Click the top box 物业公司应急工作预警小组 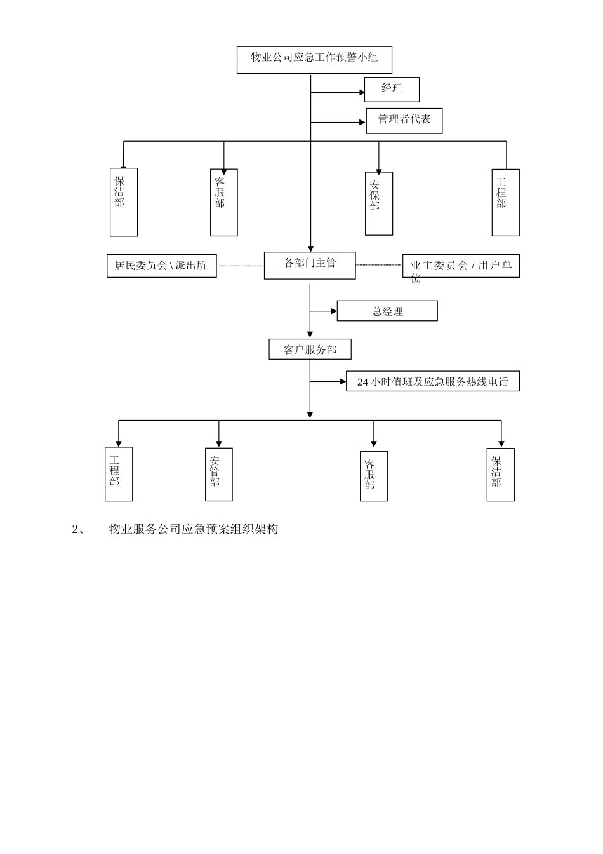click(x=314, y=60)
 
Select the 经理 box click(x=392, y=89)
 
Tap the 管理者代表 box click(x=404, y=120)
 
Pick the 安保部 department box click(x=379, y=203)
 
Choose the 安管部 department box click(x=219, y=474)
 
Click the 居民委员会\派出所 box click(x=161, y=266)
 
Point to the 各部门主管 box click(x=310, y=265)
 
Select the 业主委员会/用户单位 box click(x=461, y=266)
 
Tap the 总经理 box click(x=387, y=311)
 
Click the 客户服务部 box click(x=310, y=349)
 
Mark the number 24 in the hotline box click(x=362, y=382)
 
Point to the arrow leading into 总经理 click(x=324, y=311)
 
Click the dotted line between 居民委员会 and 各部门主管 click(x=240, y=266)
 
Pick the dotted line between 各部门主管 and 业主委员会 click(x=379, y=264)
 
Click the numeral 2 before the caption click(x=74, y=529)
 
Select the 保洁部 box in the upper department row click(x=124, y=202)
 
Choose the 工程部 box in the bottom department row click(x=119, y=474)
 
